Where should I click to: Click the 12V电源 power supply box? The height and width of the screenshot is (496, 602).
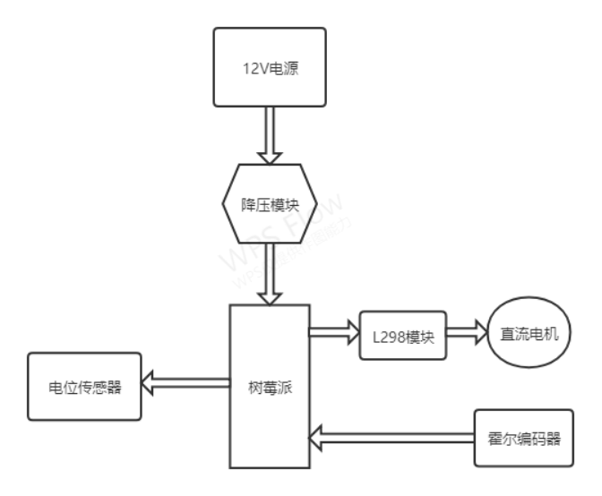[269, 67]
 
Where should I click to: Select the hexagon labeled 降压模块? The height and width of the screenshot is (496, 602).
[269, 203]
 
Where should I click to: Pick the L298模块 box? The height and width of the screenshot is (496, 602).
[402, 336]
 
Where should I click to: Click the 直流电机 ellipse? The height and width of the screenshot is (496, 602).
[529, 335]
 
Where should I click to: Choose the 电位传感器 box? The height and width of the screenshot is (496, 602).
[84, 387]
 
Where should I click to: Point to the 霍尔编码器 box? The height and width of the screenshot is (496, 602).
[522, 439]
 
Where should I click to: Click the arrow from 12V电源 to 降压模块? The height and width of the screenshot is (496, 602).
[269, 134]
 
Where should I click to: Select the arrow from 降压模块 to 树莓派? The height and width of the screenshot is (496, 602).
[269, 274]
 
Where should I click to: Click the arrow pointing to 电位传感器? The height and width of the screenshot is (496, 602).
[185, 385]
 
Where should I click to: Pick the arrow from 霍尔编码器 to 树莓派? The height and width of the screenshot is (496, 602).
[391, 438]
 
